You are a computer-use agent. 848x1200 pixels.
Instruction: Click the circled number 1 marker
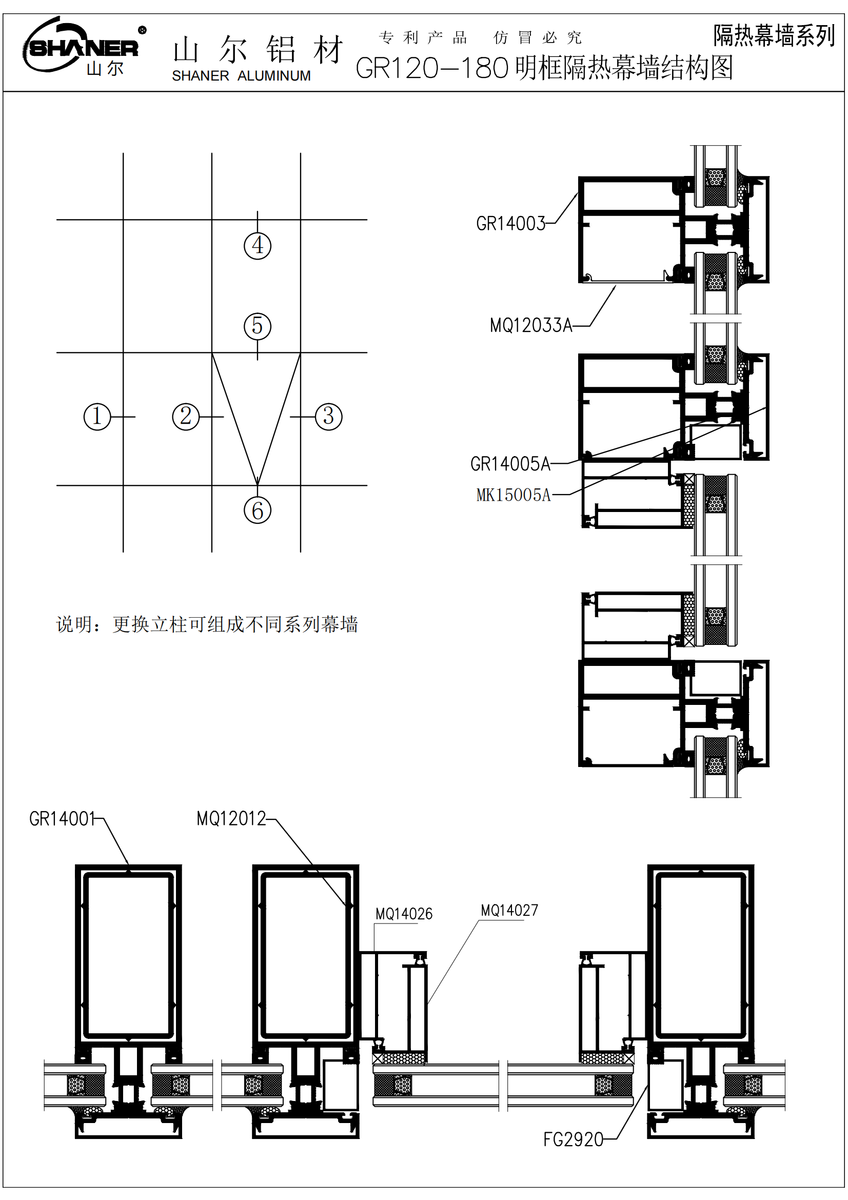pyautogui.click(x=97, y=417)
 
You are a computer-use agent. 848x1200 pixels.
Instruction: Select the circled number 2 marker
pyautogui.click(x=186, y=417)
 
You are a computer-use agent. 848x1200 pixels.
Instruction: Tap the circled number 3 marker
pyautogui.click(x=329, y=417)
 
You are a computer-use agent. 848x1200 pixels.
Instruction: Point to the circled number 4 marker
pyautogui.click(x=257, y=246)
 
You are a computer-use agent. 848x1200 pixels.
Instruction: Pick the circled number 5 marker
pyautogui.click(x=257, y=326)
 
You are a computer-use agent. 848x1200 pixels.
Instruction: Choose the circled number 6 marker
pyautogui.click(x=257, y=510)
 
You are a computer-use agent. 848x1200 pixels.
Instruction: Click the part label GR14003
pyautogui.click(x=510, y=224)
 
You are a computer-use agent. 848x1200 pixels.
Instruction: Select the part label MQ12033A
pyautogui.click(x=531, y=326)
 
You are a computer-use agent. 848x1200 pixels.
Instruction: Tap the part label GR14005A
pyautogui.click(x=510, y=464)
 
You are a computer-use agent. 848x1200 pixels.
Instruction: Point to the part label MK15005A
pyautogui.click(x=514, y=495)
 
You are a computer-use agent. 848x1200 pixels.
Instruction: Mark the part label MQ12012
pyautogui.click(x=231, y=818)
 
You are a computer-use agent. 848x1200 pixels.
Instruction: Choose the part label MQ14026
pyautogui.click(x=404, y=914)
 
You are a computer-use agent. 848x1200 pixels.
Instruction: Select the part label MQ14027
pyautogui.click(x=509, y=911)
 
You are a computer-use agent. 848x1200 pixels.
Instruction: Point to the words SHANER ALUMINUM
pyautogui.click(x=241, y=76)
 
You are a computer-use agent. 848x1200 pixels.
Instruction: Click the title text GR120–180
pyautogui.click(x=431, y=68)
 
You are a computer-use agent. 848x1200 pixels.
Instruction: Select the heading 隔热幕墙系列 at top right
pyautogui.click(x=774, y=35)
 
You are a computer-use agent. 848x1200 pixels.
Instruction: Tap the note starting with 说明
pyautogui.click(x=207, y=624)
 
